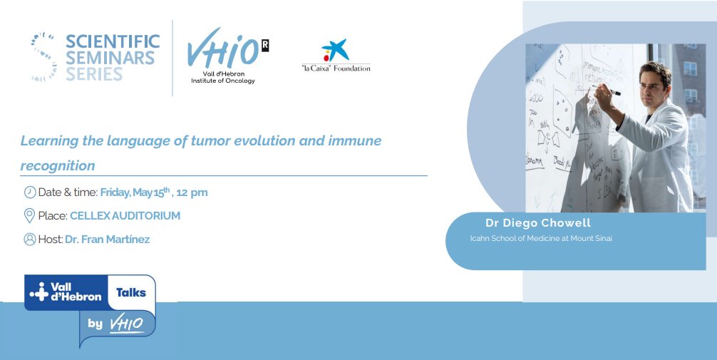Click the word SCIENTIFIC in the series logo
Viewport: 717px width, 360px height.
pos(113,41)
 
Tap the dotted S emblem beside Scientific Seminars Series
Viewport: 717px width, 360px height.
pos(44,57)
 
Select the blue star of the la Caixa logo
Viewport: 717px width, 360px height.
pos(337,49)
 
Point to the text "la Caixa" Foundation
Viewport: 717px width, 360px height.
pos(336,68)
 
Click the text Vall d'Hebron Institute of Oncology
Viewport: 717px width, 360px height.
pos(223,77)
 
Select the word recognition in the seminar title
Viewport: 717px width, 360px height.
pos(58,165)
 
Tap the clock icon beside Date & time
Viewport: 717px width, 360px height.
pos(30,192)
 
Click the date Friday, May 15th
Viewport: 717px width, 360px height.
pos(135,192)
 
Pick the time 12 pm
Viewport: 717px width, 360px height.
pos(192,192)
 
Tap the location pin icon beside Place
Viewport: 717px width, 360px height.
pos(29,216)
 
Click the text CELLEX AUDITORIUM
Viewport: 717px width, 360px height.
pos(125,216)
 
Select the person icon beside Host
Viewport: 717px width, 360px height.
pos(30,240)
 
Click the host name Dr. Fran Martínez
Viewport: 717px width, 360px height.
pos(108,240)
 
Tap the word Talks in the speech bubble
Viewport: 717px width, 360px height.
pos(131,293)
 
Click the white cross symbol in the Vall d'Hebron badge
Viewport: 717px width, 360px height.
pos(39,292)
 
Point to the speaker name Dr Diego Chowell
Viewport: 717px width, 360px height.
pos(538,223)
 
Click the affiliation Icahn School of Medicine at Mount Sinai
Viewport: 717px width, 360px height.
pos(541,238)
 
